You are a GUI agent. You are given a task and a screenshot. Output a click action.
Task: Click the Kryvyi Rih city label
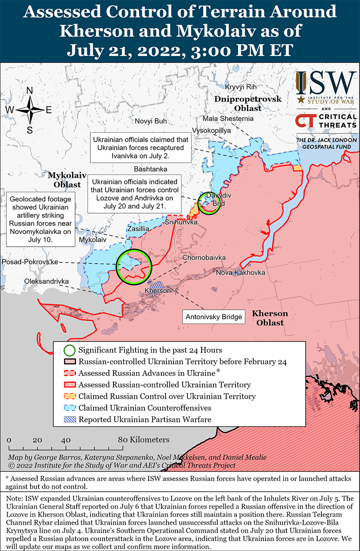click(241, 87)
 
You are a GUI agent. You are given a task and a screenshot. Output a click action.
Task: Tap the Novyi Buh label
click(151, 121)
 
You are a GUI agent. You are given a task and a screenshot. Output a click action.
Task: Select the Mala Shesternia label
click(228, 118)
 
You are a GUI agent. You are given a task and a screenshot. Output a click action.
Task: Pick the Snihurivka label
click(181, 222)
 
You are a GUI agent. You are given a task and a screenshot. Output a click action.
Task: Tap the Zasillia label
click(138, 229)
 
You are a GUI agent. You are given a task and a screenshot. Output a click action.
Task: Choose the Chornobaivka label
click(204, 257)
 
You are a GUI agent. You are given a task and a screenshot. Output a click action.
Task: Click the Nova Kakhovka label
click(241, 273)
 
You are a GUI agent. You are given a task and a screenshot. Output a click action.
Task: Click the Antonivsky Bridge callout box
click(214, 317)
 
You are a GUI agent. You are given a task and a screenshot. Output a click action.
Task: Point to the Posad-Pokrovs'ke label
click(30, 262)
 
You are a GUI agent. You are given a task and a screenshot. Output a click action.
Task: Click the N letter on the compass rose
click(30, 91)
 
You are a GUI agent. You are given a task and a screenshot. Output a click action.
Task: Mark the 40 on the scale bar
click(66, 440)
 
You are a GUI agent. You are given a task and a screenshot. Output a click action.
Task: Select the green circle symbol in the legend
click(70, 350)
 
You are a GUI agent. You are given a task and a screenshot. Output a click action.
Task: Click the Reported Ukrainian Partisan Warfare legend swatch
click(70, 420)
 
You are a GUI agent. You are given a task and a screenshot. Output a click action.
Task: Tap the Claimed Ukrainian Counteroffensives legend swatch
click(70, 408)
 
